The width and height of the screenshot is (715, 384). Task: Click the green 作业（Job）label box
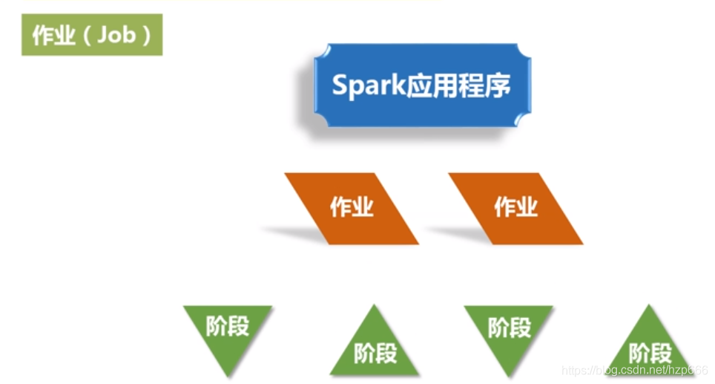(92, 35)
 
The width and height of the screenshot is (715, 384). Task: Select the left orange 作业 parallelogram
(352, 208)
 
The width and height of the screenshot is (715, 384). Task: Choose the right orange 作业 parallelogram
(515, 208)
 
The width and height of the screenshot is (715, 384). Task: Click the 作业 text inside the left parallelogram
(352, 207)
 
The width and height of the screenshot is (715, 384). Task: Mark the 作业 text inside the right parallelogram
(515, 207)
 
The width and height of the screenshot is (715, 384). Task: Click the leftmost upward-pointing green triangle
(375, 345)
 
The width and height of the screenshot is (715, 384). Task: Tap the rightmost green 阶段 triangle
(650, 346)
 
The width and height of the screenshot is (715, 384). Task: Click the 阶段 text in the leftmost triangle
(228, 326)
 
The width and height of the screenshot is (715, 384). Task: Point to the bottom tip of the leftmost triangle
(228, 374)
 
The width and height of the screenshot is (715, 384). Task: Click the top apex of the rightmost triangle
(650, 307)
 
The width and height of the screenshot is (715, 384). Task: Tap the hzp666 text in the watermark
(688, 370)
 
